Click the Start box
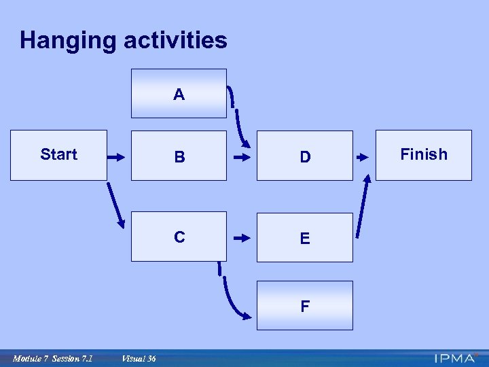(x=58, y=155)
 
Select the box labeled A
(x=179, y=94)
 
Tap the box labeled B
(x=179, y=156)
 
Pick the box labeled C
(x=179, y=237)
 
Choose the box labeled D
(x=305, y=156)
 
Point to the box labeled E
(x=305, y=237)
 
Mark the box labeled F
(x=305, y=306)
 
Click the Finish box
(x=424, y=155)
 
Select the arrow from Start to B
(x=117, y=157)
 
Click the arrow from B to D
(x=241, y=157)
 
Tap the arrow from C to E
(x=241, y=239)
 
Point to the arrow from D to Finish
(x=364, y=157)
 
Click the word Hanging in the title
(x=68, y=40)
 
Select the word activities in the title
(x=175, y=40)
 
